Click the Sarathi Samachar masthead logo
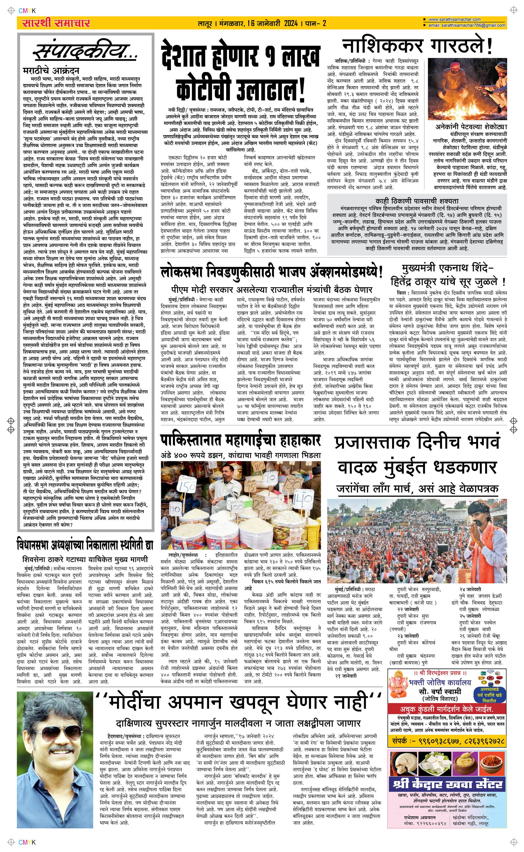(56, 23)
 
